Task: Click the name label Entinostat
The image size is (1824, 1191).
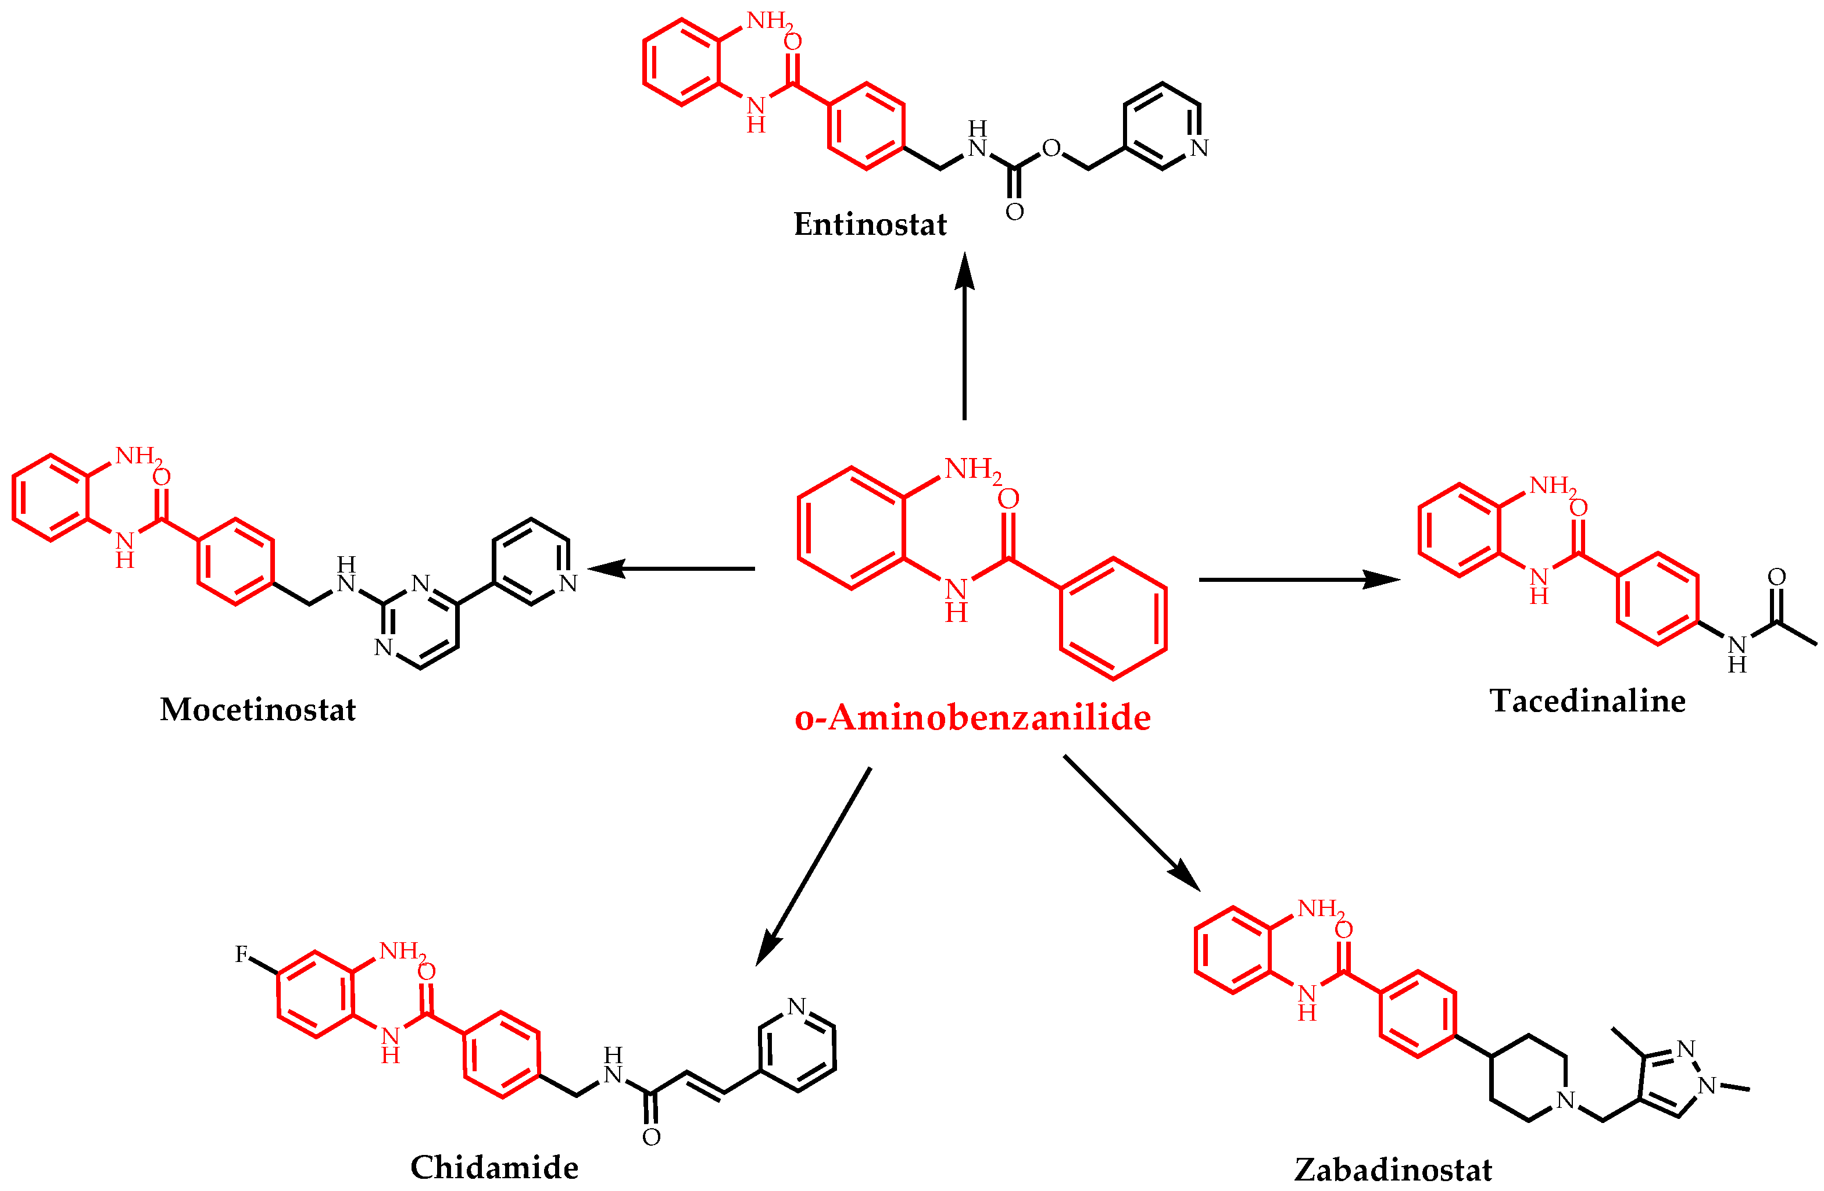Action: click(870, 224)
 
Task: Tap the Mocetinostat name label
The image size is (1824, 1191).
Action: click(257, 710)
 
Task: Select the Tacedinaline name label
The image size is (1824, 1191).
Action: click(1587, 701)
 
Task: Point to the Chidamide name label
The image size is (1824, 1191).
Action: click(494, 1167)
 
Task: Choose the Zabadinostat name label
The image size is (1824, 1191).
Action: click(1393, 1169)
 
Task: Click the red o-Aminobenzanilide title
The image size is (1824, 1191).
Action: click(972, 718)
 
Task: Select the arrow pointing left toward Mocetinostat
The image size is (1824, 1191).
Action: click(671, 568)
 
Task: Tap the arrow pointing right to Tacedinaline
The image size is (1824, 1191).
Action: click(1300, 580)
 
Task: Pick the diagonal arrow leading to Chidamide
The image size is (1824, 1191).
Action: click(813, 867)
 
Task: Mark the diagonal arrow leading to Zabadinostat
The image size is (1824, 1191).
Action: click(1132, 823)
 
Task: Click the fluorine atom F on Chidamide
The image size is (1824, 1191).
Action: click(241, 954)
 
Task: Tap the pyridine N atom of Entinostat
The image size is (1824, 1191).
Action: click(1199, 148)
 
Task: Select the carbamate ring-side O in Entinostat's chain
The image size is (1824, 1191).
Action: click(1051, 148)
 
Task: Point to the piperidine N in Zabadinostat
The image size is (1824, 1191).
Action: click(1566, 1100)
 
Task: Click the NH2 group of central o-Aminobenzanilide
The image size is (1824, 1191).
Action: click(973, 469)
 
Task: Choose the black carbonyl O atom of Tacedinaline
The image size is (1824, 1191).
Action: click(1776, 577)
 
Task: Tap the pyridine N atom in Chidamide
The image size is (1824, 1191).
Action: click(797, 1006)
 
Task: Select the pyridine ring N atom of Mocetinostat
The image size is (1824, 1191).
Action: click(568, 583)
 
